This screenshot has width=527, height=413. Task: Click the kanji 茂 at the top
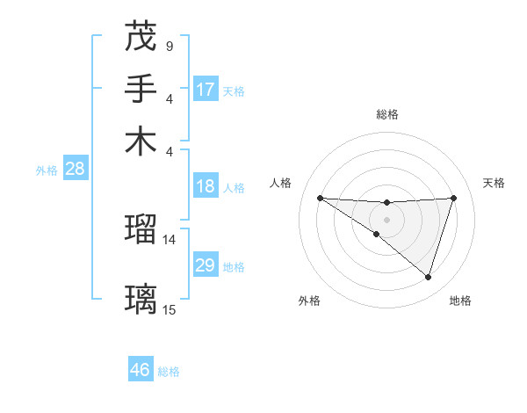[141, 36]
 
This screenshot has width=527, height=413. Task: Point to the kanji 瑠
[141, 229]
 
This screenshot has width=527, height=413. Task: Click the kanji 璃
[141, 300]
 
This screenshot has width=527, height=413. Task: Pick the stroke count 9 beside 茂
[169, 45]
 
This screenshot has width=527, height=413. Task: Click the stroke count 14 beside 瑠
[170, 239]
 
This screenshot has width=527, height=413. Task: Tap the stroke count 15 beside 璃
[170, 309]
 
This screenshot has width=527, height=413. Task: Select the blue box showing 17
[206, 90]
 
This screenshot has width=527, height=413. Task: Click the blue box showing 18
[206, 186]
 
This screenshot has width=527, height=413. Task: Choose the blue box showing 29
[206, 265]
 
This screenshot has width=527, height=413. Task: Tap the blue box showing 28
[75, 170]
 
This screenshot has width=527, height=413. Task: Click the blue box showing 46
[141, 370]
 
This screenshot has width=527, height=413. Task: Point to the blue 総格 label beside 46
[169, 372]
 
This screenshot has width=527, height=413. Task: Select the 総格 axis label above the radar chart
[386, 114]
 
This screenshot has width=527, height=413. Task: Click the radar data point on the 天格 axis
[454, 198]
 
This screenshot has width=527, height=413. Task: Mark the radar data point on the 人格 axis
[320, 198]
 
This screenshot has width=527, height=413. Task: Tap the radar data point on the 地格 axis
[428, 277]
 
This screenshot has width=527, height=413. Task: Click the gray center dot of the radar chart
[386, 219]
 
